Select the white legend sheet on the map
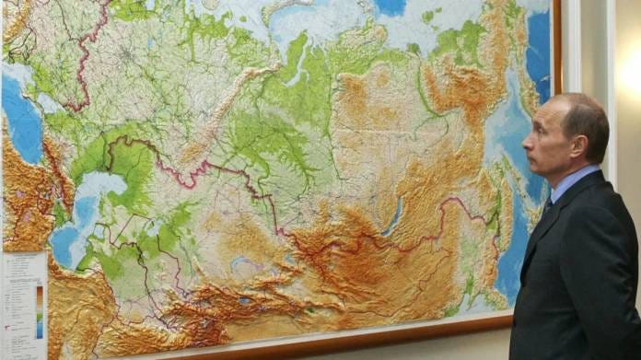(x=22, y=304)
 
